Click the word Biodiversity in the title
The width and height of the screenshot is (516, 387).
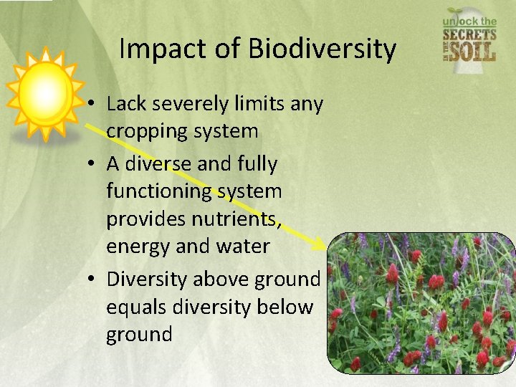322,49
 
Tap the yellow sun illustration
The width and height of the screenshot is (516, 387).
45,94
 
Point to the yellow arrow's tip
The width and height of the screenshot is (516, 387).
323,249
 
